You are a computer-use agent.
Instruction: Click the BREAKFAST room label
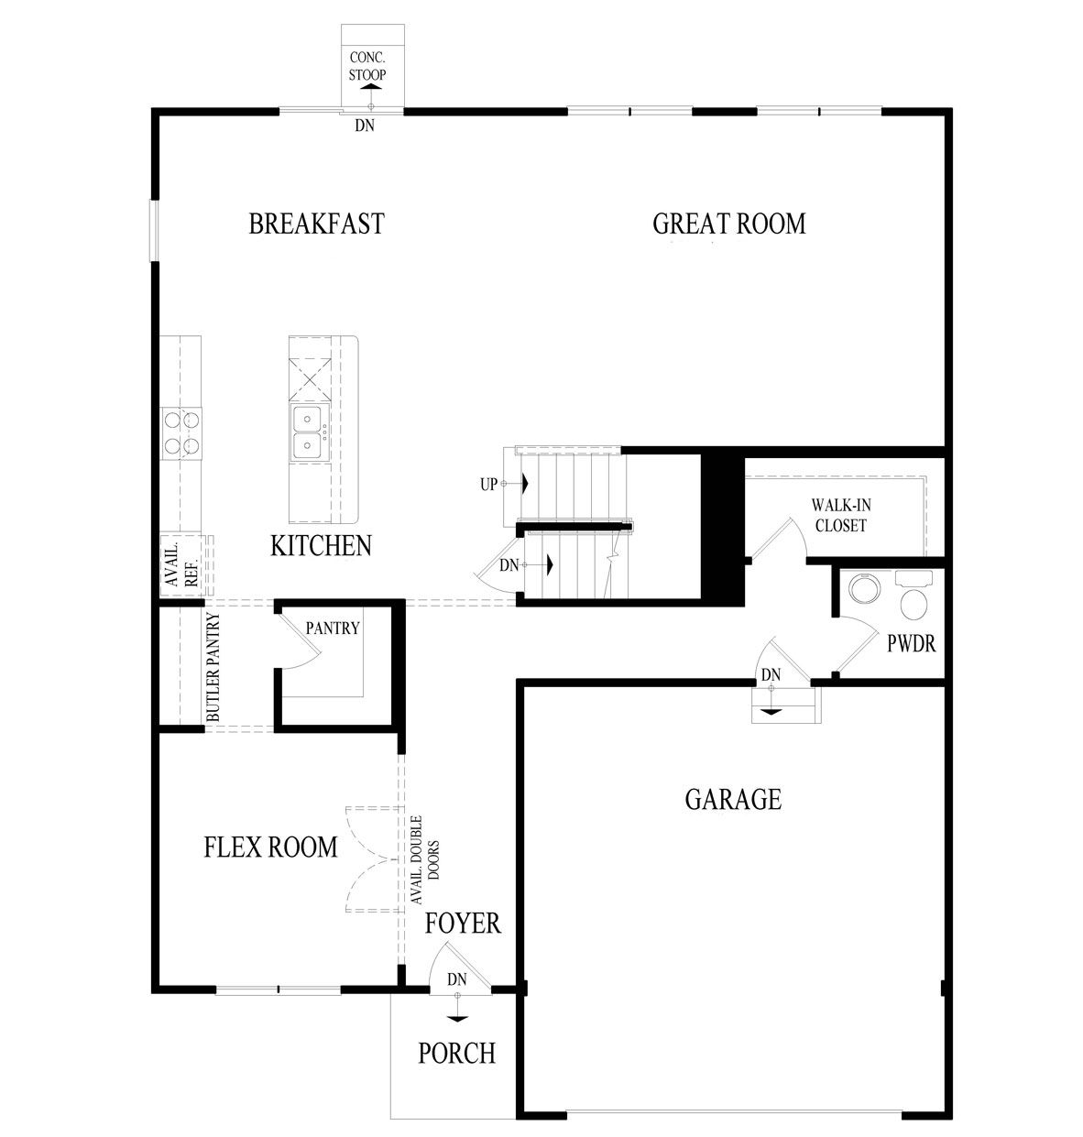pos(316,224)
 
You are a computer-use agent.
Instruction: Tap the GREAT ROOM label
pos(728,224)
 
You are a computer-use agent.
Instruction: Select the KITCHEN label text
pos(321,546)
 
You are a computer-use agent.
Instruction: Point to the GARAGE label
pos(733,800)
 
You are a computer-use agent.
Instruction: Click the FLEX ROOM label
pos(270,847)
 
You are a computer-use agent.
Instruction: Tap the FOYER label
pos(463,923)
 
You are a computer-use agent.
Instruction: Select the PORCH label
pos(456,1054)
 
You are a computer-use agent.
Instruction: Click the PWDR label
pos(911,643)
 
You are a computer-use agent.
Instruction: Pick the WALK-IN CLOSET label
pos(838,515)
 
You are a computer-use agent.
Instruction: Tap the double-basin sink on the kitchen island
pos(306,433)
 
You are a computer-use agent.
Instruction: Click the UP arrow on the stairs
pos(527,483)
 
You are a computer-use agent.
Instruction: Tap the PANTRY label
pos(333,629)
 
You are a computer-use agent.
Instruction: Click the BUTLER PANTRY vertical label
pos(212,667)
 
